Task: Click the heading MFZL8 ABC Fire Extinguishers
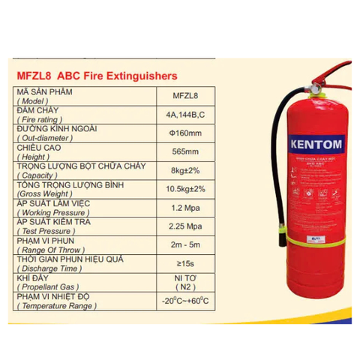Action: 96,76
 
